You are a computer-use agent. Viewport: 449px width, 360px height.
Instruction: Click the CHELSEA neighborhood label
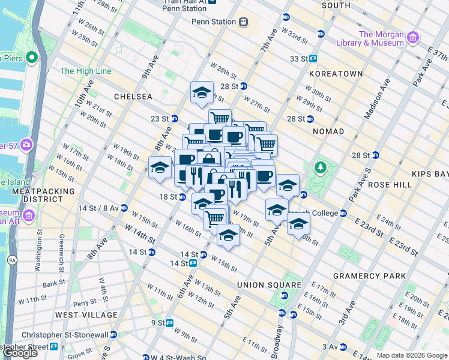point(133,96)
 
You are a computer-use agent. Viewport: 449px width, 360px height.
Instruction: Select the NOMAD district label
point(328,131)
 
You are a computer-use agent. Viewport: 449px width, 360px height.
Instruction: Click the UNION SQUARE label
point(269,284)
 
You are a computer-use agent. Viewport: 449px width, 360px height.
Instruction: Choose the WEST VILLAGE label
point(86,314)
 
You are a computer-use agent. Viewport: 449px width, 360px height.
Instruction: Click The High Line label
point(85,71)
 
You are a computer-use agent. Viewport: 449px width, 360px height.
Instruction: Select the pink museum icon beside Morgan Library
point(412,38)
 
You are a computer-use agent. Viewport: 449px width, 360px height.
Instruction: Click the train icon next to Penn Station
point(243,22)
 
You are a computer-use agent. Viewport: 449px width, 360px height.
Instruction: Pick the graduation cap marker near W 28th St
point(202,92)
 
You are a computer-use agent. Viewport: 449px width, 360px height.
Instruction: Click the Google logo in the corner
point(20,353)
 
